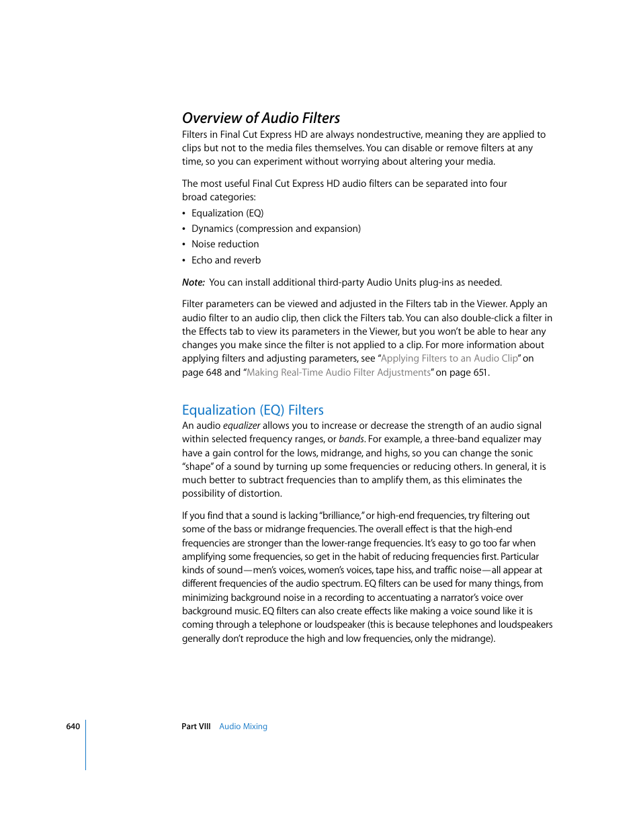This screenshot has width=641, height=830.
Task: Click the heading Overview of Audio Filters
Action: pos(261,118)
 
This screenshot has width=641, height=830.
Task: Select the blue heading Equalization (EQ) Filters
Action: pos(253,410)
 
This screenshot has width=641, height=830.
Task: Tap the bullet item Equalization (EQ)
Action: pos(227,213)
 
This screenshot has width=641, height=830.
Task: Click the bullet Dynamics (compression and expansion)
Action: pos(275,229)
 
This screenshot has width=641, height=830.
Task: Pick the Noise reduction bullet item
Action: pos(224,244)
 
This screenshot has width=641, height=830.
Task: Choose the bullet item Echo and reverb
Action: pos(226,260)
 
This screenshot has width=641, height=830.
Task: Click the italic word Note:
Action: pos(193,282)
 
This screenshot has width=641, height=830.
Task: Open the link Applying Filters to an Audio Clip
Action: pos(449,358)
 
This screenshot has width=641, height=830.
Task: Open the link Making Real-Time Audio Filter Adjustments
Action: pos(338,372)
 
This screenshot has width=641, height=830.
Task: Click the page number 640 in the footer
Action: pos(73,727)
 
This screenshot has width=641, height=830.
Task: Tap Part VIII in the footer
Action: pos(196,727)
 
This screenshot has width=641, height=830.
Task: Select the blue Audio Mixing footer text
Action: pos(243,727)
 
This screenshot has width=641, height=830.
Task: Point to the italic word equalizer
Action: pos(241,425)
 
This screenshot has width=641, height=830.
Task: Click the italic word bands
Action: pos(351,439)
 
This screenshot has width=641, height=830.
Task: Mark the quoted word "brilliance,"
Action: pos(342,515)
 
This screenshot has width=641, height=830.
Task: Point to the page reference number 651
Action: pos(480,372)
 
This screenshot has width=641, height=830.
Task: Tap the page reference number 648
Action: pos(214,372)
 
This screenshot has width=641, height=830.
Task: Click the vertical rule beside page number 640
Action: pos(85,745)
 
